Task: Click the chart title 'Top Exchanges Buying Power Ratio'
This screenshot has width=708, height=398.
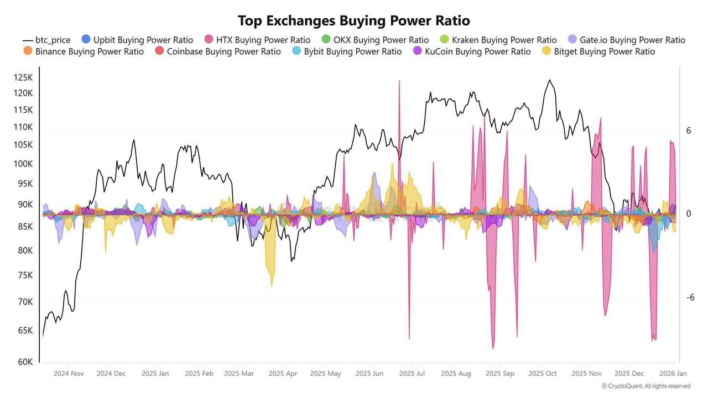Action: pyautogui.click(x=354, y=21)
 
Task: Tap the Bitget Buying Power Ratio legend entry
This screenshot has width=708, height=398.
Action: pyautogui.click(x=604, y=51)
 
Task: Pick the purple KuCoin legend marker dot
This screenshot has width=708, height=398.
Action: pyautogui.click(x=418, y=51)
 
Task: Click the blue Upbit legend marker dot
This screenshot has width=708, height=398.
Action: pyautogui.click(x=86, y=40)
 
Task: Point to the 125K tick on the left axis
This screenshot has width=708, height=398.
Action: pyautogui.click(x=23, y=77)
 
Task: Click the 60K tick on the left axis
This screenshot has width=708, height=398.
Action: pyautogui.click(x=25, y=362)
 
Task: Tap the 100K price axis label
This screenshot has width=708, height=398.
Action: pyautogui.click(x=23, y=164)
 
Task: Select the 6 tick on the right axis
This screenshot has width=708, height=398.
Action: pyautogui.click(x=689, y=130)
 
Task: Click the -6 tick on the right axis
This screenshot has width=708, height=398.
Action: pyautogui.click(x=690, y=297)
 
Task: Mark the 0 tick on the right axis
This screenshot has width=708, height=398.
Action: pyautogui.click(x=689, y=214)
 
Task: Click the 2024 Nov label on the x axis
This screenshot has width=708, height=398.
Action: pyautogui.click(x=69, y=374)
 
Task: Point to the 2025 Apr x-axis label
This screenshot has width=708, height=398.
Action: pyautogui.click(x=283, y=374)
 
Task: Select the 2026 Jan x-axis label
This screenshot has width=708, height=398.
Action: pyautogui.click(x=673, y=374)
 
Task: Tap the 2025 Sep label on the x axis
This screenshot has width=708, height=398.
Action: pyautogui.click(x=500, y=374)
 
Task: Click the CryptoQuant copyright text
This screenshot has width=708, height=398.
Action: pyautogui.click(x=646, y=386)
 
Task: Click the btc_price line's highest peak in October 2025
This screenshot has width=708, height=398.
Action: pyautogui.click(x=549, y=80)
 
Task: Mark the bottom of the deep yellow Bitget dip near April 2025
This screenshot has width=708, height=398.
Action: pyautogui.click(x=272, y=286)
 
